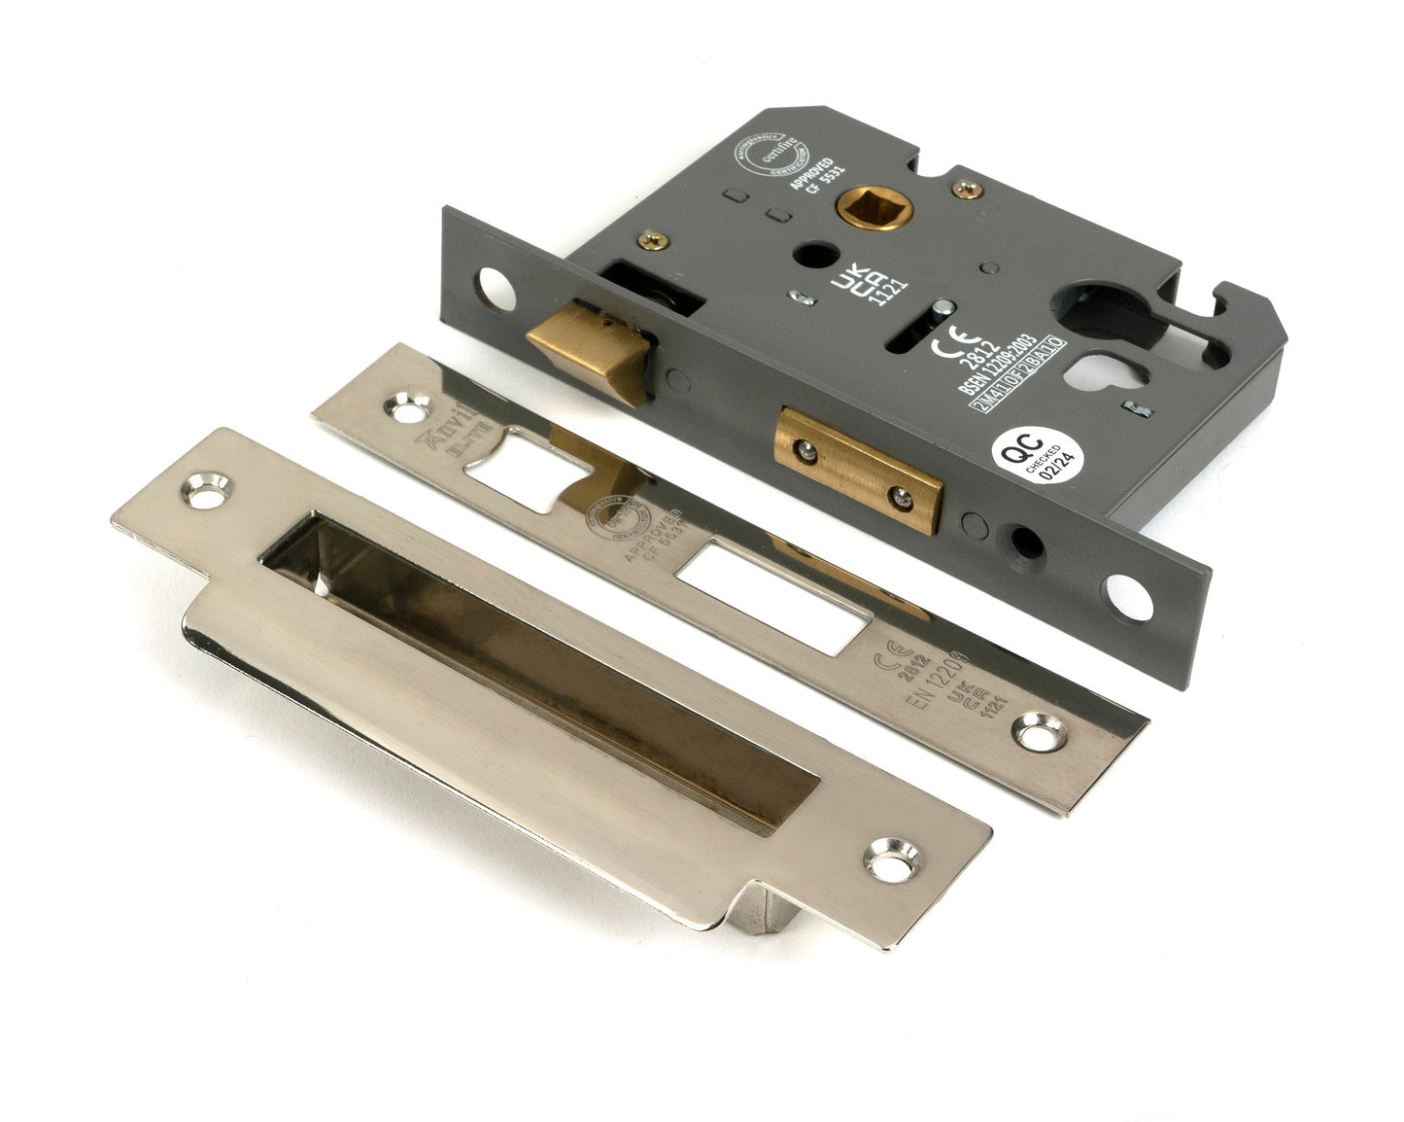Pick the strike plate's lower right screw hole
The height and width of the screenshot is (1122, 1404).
click(886, 857)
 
